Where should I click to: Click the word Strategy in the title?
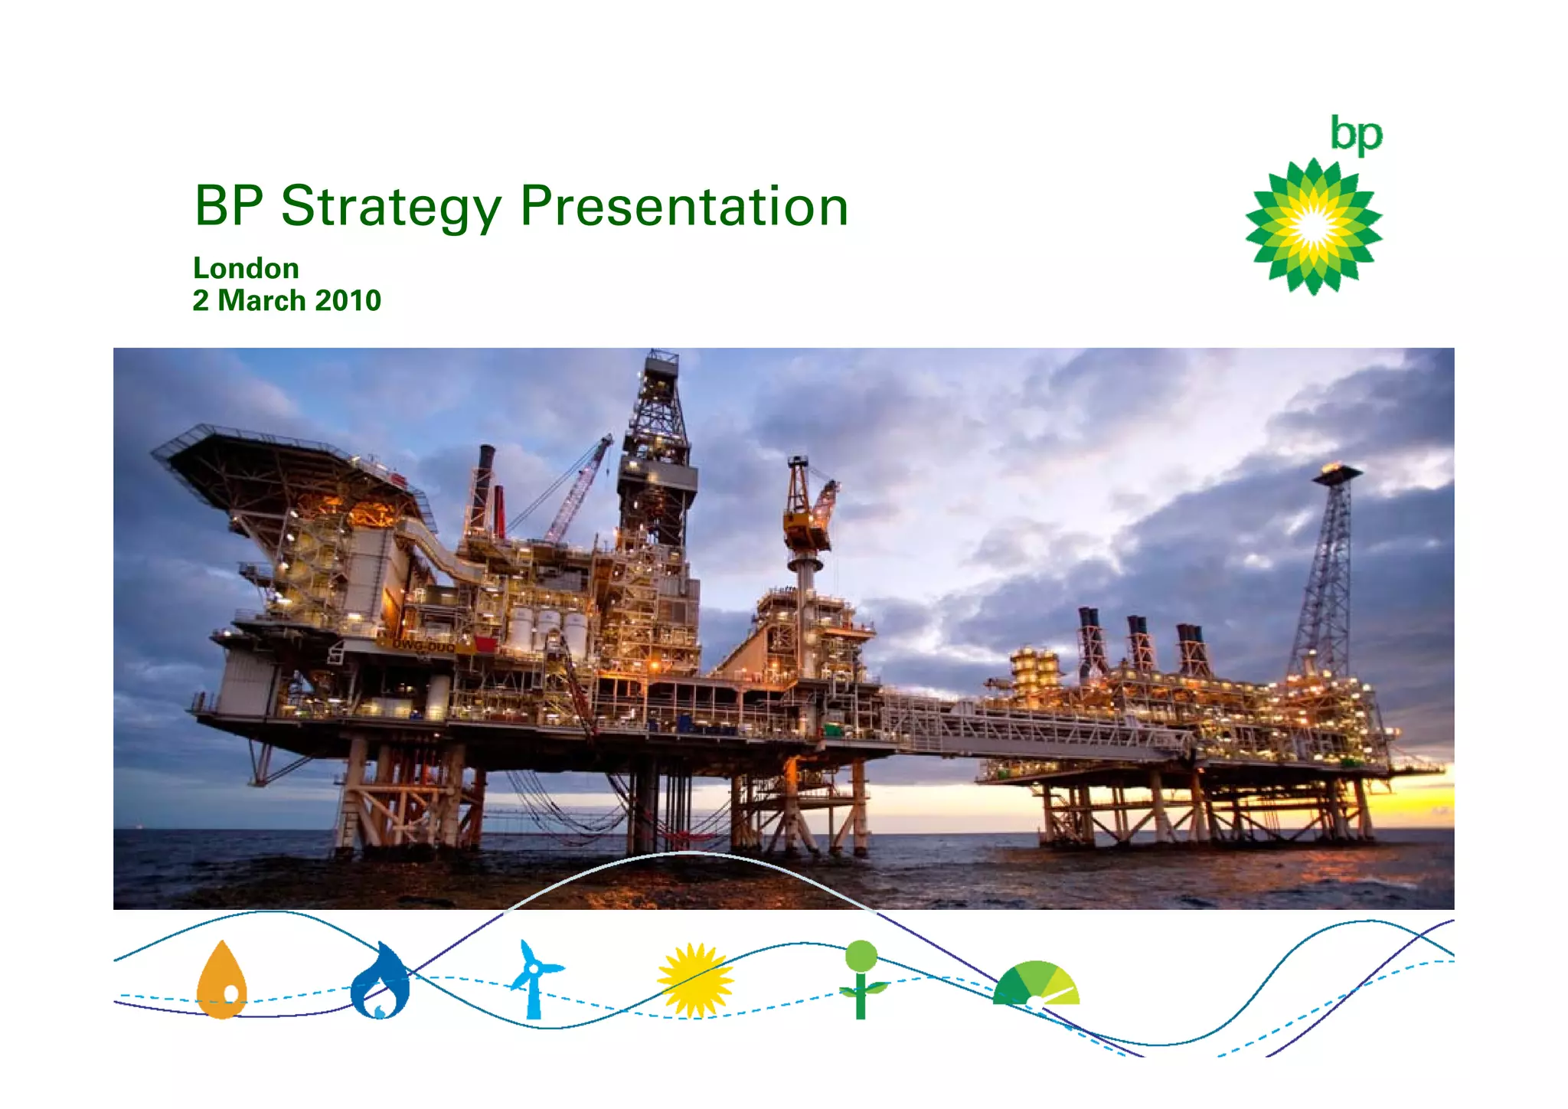pos(390,207)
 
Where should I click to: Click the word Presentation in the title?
pos(684,207)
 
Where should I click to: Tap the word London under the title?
pos(246,269)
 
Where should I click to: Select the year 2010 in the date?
pos(348,301)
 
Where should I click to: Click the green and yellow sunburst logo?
pos(1314,227)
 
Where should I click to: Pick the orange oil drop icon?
pos(222,981)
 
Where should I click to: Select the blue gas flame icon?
pos(381,982)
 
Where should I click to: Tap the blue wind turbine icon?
pos(534,978)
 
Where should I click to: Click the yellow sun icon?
pos(694,981)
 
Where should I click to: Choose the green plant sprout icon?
pos(861,978)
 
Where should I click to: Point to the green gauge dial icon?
pos(1037,985)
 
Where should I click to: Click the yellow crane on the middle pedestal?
pos(805,521)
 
